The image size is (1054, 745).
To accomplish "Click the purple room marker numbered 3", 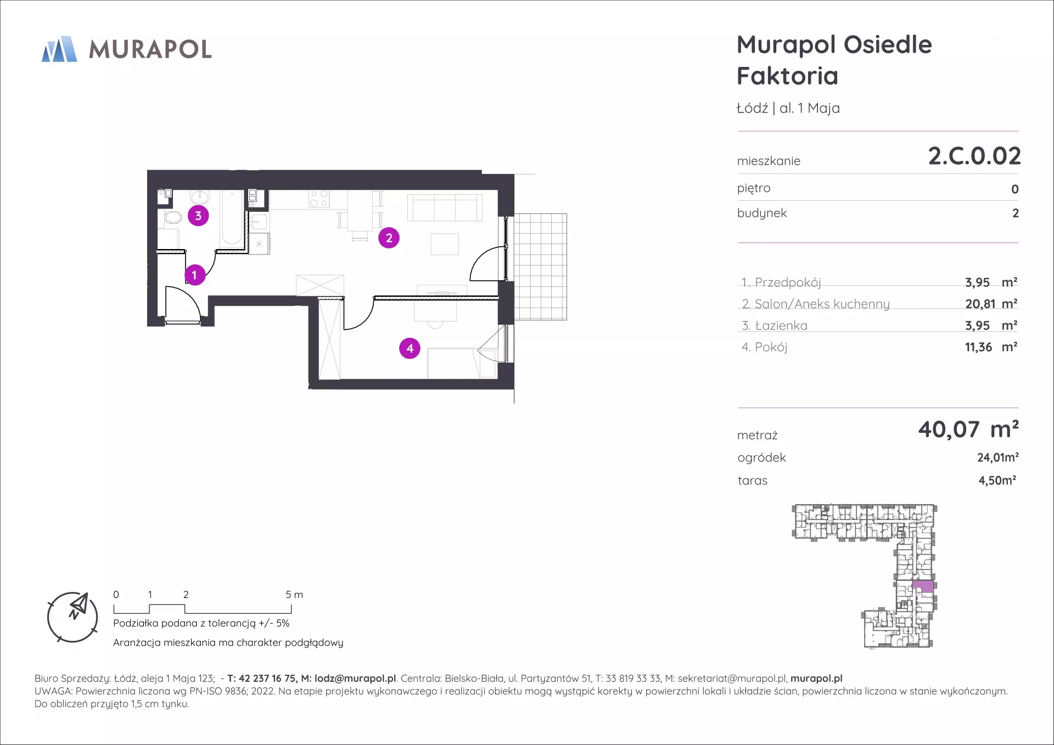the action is (x=198, y=216).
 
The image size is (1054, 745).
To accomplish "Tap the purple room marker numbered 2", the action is (x=389, y=238).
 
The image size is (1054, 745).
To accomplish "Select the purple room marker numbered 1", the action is (x=194, y=275).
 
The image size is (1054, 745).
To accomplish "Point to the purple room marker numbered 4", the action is (x=410, y=348).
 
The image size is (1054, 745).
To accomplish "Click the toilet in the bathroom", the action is (x=172, y=217).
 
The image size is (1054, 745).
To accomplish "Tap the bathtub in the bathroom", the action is (x=232, y=218).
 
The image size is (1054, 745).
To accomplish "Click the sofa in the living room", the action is (x=445, y=207).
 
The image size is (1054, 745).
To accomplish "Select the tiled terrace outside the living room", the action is (x=540, y=267).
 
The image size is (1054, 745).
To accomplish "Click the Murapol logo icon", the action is (x=59, y=49).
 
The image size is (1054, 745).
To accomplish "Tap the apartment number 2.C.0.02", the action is (x=974, y=156).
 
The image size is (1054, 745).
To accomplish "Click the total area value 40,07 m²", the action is (x=968, y=429).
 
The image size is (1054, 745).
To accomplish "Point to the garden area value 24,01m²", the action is (x=998, y=457).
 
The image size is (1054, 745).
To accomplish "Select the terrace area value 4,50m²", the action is (x=997, y=480).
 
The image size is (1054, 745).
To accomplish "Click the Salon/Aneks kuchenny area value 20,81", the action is (x=980, y=303).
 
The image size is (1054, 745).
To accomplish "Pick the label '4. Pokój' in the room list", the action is (x=764, y=347).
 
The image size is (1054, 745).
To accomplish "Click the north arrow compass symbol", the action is (x=72, y=617).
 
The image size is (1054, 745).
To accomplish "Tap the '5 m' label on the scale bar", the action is (x=294, y=595).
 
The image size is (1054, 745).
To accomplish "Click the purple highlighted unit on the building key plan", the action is (x=923, y=586).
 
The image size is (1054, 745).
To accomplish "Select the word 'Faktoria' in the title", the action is (x=787, y=76).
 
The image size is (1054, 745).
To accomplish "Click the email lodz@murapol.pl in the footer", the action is (x=355, y=679).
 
